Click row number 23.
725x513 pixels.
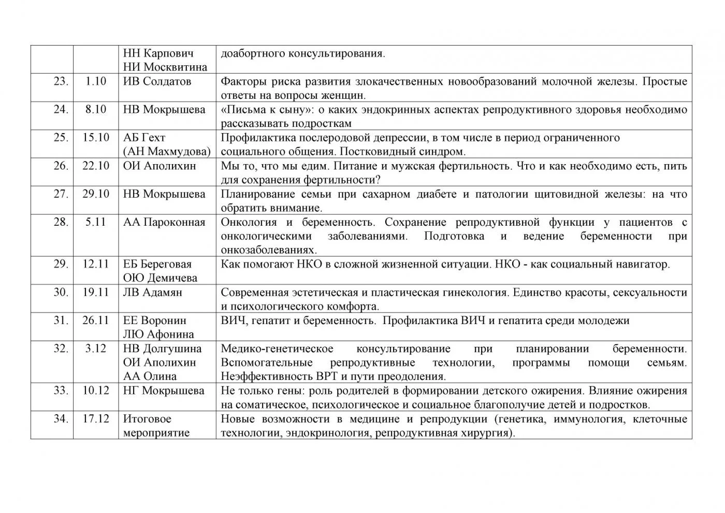click(61, 81)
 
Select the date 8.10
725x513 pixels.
click(96, 109)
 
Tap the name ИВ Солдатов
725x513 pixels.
click(157, 81)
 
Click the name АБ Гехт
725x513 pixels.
click(144, 138)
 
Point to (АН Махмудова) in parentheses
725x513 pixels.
click(167, 152)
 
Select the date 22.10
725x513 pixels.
click(96, 166)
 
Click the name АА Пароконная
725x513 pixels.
click(164, 222)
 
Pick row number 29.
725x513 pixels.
click(61, 264)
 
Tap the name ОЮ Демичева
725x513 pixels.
click(160, 278)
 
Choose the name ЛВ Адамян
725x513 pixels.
click(152, 292)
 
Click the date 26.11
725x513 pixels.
click(96, 320)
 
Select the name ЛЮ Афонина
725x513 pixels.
click(158, 334)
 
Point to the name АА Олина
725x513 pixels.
click(150, 376)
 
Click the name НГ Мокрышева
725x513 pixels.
click(164, 390)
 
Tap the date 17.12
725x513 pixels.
click(96, 419)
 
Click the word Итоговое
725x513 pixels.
click(147, 419)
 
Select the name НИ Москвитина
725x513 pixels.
click(165, 67)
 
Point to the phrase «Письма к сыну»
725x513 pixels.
click(264, 109)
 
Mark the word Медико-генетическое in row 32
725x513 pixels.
click(277, 348)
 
